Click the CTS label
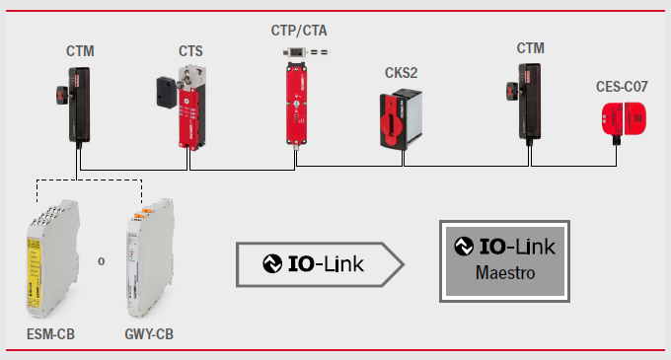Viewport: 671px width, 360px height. pos(190,51)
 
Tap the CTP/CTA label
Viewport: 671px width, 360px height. pos(299,31)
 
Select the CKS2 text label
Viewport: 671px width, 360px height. pos(401,73)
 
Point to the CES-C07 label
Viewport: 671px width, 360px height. pos(622,87)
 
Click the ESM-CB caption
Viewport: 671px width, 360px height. pos(50,334)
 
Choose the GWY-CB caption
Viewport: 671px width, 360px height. pos(149,334)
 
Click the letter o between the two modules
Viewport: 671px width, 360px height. pos(101,261)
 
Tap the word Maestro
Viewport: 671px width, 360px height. pos(505,273)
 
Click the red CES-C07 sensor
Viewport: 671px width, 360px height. pos(624,119)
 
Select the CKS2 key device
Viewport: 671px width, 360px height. pos(401,119)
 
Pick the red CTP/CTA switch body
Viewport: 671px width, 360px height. pos(297,104)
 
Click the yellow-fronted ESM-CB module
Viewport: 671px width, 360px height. pos(52,258)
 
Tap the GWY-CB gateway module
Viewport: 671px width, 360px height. pos(150,257)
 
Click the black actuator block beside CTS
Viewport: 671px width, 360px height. pos(167,92)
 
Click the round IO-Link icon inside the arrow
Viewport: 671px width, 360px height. pos(272,263)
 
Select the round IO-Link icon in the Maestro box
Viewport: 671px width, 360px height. pos(464,247)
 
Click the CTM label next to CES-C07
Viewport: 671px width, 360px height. pos(530,48)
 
